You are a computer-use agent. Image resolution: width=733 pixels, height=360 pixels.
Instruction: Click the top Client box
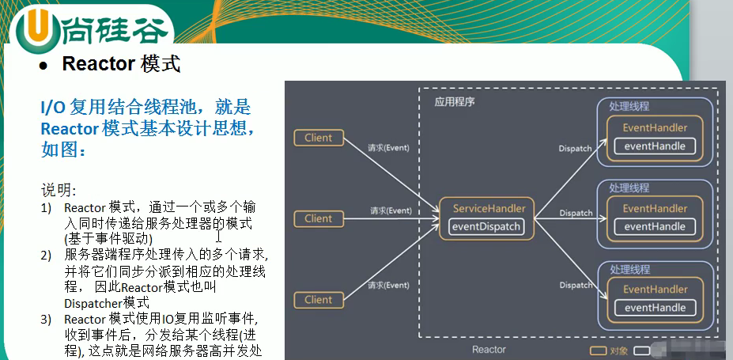click(319, 138)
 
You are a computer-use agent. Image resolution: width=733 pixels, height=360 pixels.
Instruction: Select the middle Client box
click(319, 218)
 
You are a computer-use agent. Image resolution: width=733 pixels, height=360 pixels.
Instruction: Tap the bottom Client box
click(319, 300)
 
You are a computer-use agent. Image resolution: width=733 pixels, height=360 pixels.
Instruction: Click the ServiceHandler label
click(488, 208)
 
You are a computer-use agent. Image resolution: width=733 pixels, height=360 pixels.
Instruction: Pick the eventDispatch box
click(486, 227)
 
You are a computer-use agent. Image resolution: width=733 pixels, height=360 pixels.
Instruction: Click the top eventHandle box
click(655, 146)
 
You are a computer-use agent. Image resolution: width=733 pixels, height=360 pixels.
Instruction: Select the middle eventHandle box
click(655, 226)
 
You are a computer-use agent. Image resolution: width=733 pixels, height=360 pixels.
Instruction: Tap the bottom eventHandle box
click(655, 308)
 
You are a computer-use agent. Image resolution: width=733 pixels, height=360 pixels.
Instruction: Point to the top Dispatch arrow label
click(575, 148)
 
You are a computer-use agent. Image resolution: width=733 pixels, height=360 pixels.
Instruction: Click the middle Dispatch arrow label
click(576, 213)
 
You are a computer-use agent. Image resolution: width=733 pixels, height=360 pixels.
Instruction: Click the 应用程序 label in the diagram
click(455, 102)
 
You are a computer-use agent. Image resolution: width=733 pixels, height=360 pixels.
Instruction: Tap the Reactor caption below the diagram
click(489, 349)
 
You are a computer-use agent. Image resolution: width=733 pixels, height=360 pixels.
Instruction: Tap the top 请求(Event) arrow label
click(389, 148)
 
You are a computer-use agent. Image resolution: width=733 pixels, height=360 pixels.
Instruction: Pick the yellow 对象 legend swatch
click(599, 349)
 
